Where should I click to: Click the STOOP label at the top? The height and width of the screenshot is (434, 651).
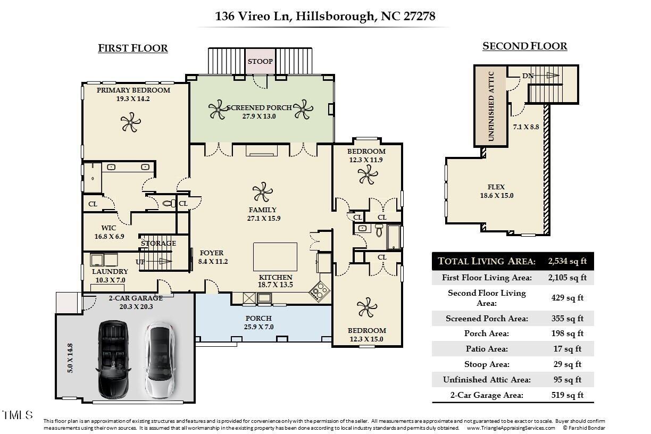pyautogui.click(x=260, y=61)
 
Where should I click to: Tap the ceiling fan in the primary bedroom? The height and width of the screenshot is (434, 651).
pyautogui.click(x=130, y=124)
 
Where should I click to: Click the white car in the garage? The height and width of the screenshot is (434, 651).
pyautogui.click(x=158, y=360)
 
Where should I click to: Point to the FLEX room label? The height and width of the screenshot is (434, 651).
pyautogui.click(x=496, y=187)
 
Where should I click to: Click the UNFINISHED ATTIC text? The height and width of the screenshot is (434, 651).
pyautogui.click(x=491, y=106)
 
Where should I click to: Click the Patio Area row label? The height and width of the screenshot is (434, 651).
pyautogui.click(x=486, y=349)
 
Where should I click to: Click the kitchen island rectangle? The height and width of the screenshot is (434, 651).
pyautogui.click(x=274, y=257)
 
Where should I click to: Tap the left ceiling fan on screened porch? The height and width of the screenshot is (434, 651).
pyautogui.click(x=218, y=110)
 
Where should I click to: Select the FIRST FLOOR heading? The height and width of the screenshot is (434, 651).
pyautogui.click(x=133, y=48)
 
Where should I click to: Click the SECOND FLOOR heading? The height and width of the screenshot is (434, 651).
pyautogui.click(x=524, y=46)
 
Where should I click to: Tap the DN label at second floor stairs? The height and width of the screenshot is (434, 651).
pyautogui.click(x=528, y=76)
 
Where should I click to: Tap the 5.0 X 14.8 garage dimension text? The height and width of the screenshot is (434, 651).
pyautogui.click(x=70, y=358)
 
